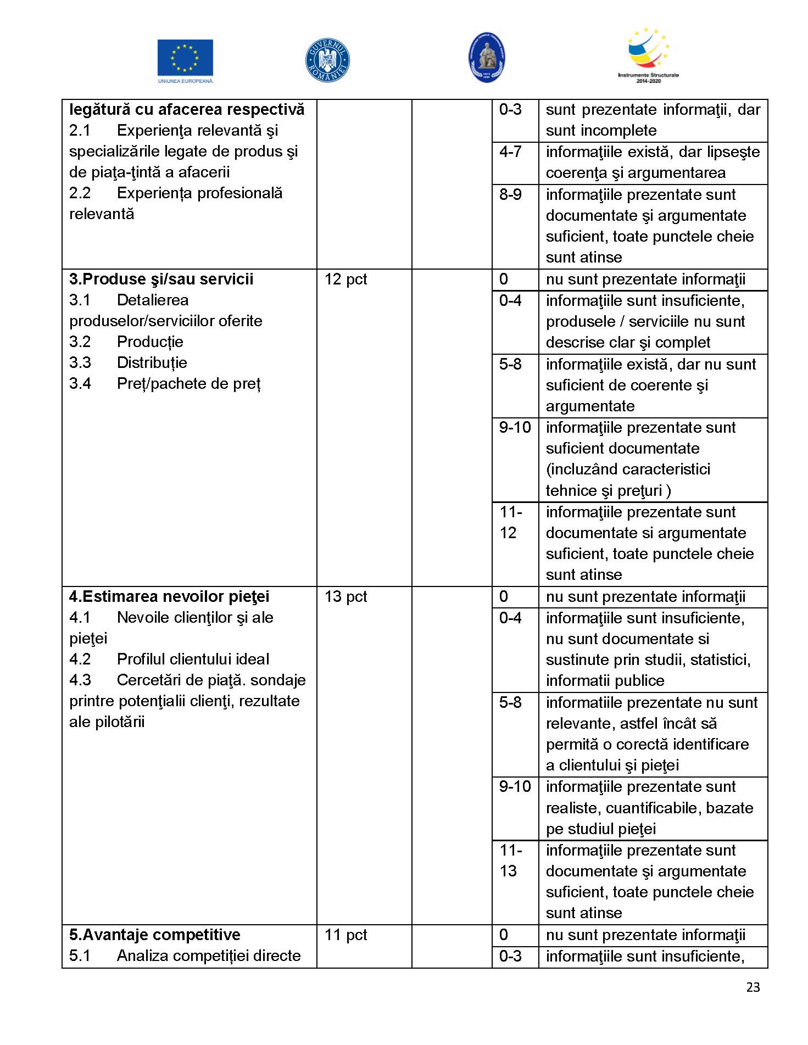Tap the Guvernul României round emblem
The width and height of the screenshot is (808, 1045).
click(327, 60)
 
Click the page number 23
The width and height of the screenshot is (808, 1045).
click(753, 987)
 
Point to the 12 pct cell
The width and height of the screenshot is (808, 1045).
click(346, 279)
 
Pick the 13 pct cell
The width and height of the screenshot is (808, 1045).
click(346, 596)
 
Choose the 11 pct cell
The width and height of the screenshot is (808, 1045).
click(346, 935)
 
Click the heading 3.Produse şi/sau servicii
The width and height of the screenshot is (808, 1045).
click(161, 279)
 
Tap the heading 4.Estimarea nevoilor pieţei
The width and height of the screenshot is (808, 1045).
click(169, 596)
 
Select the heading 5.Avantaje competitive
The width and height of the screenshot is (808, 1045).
click(154, 935)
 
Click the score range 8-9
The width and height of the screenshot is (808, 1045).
click(510, 194)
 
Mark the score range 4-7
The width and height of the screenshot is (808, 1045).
click(510, 152)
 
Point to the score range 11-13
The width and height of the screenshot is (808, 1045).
click(510, 860)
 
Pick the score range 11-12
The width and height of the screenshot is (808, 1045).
click(510, 522)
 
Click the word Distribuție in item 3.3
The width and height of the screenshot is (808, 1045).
click(152, 362)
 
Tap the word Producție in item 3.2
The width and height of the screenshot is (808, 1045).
click(150, 342)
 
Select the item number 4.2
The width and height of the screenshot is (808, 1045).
click(80, 659)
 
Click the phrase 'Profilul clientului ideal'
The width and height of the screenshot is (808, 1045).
click(193, 659)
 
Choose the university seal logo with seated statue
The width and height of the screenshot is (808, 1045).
click(487, 58)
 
